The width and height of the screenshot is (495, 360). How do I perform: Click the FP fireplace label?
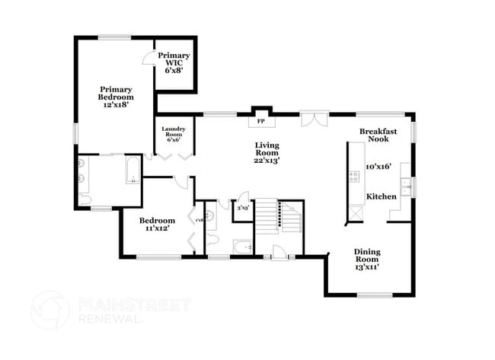260,121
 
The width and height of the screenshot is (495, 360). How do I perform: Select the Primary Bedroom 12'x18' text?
116,96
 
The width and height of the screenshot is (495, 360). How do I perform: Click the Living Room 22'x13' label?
267,152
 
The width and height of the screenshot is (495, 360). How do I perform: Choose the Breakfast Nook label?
378,135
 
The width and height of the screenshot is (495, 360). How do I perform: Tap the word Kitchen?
381,196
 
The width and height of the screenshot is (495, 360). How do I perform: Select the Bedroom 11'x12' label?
155,225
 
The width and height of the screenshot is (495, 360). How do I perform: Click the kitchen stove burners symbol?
354,177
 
